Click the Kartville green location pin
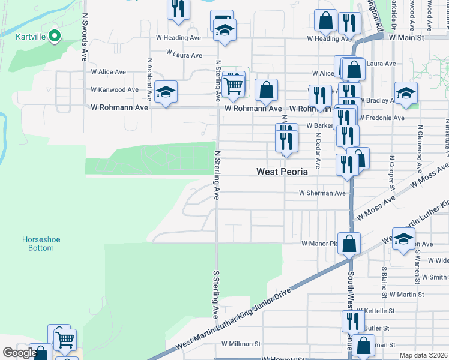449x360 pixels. tap(54, 36)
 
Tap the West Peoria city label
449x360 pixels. tap(282, 172)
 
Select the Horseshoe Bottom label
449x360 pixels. tap(41, 244)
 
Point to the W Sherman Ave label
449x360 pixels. tap(323, 193)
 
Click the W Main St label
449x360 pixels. tap(406, 37)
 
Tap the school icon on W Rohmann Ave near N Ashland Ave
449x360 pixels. tap(166, 92)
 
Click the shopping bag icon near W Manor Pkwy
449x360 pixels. tap(349, 244)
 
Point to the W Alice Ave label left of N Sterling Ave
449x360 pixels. tap(108, 72)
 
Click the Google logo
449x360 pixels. tap(20, 353)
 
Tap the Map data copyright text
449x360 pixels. tap(423, 355)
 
